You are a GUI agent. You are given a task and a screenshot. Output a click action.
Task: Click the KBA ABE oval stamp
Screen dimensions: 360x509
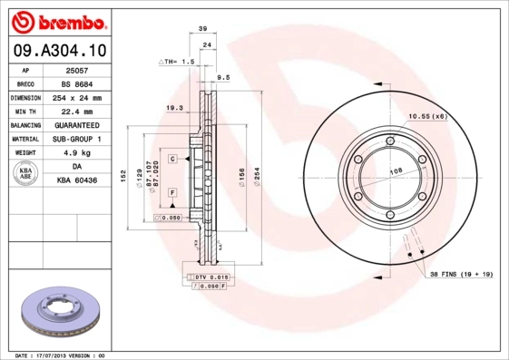pos(26,174)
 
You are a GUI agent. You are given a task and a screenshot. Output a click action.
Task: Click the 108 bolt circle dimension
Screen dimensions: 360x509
pos(396,171)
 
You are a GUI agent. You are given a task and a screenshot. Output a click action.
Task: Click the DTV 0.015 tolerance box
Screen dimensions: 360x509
pos(208,276)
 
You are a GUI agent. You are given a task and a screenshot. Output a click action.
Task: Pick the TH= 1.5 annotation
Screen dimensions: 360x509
pos(178,62)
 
